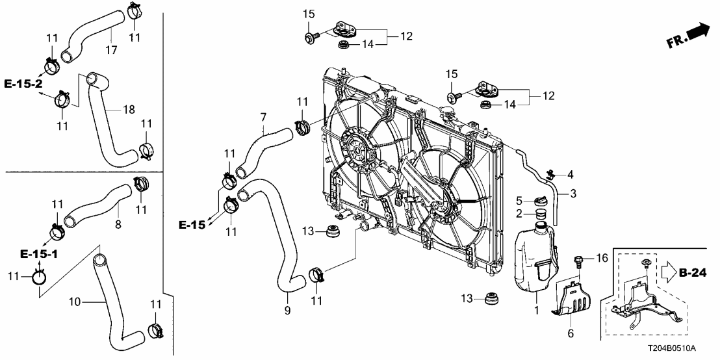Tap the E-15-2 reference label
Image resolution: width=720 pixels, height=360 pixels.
23,84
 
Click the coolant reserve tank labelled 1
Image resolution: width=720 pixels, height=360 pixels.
533,256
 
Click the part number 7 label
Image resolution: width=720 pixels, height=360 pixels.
263,118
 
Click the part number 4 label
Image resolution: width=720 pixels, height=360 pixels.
571,174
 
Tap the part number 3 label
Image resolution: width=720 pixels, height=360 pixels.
573,194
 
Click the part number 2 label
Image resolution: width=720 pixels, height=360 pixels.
519,214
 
